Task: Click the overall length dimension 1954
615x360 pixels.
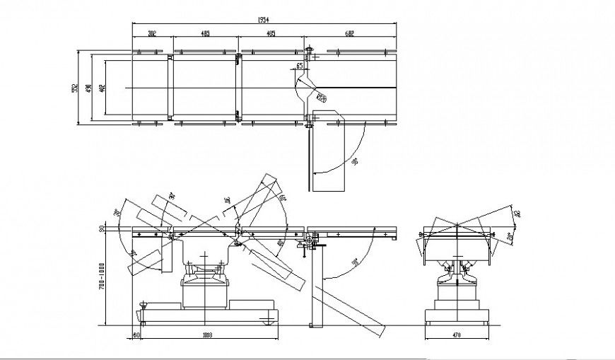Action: pos(264,18)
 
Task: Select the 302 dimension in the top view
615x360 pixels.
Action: pos(152,33)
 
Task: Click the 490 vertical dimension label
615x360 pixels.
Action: pos(88,88)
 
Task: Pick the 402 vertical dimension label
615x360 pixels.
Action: pos(102,88)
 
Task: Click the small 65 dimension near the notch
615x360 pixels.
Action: pos(299,66)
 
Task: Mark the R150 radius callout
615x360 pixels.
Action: pos(322,97)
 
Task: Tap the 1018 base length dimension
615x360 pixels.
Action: pos(207,335)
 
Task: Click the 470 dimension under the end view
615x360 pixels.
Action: pos(456,335)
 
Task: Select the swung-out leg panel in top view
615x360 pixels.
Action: pos(327,156)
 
